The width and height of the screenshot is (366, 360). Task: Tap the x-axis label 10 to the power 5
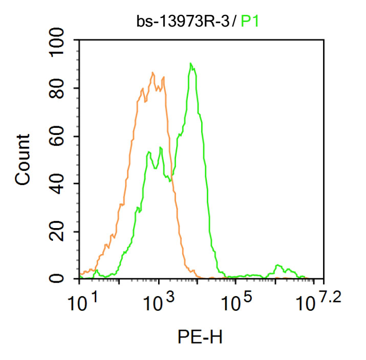(x=237, y=305)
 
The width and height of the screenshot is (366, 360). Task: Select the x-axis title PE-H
(x=201, y=337)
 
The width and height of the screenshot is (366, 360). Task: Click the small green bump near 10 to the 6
(x=278, y=265)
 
